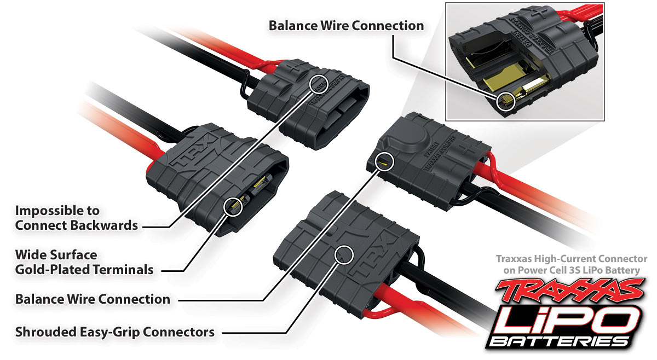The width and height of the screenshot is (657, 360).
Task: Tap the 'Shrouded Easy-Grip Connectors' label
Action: (x=114, y=332)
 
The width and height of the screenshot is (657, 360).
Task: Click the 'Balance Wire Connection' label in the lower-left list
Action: (x=93, y=299)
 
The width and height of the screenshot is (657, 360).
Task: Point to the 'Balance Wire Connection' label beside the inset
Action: (x=346, y=26)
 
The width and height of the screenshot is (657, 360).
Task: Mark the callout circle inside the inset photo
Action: (x=506, y=101)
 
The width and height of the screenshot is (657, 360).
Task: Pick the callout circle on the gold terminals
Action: (x=235, y=206)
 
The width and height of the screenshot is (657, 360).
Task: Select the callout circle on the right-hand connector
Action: (x=385, y=161)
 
